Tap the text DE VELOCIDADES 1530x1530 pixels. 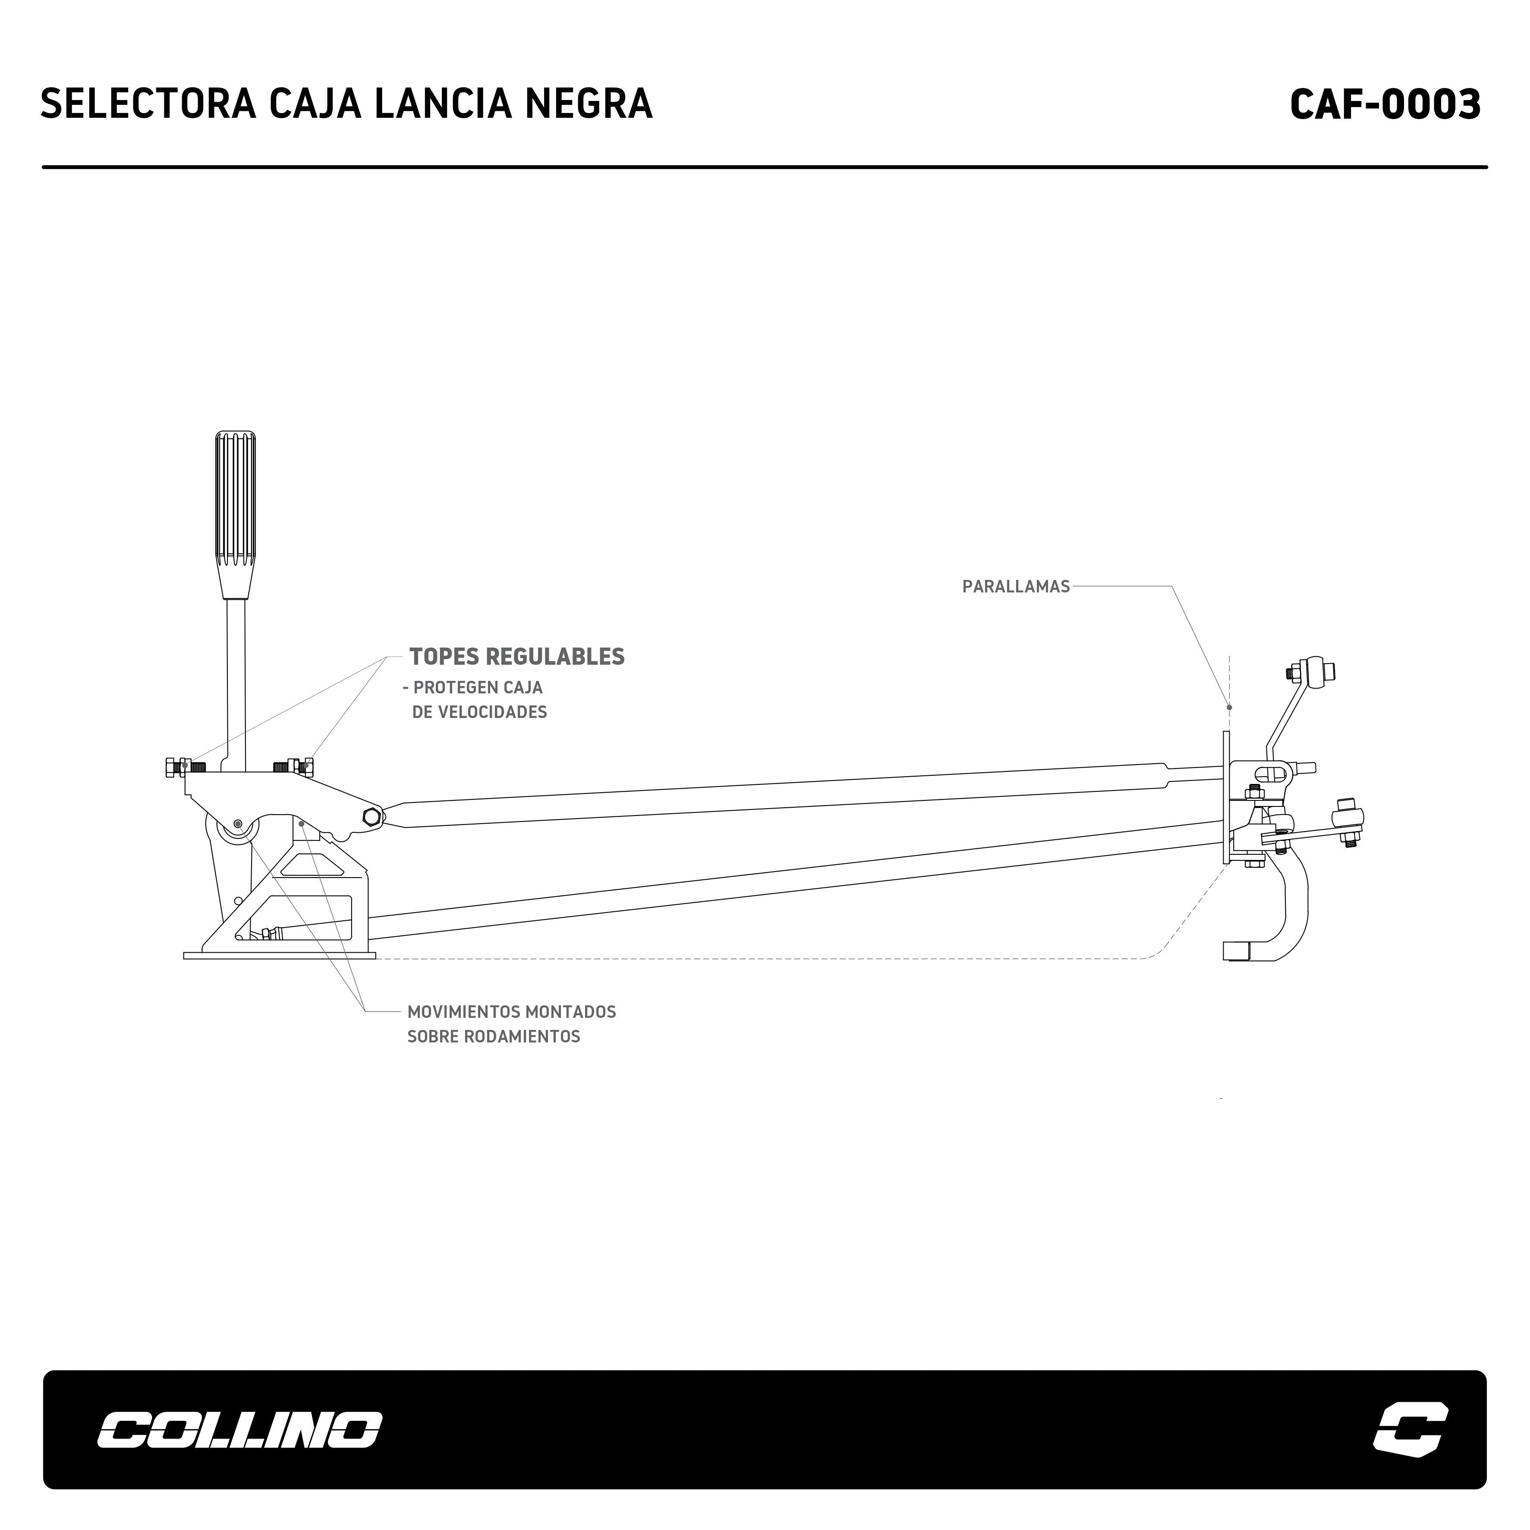pyautogui.click(x=479, y=712)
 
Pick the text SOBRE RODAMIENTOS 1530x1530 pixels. pyautogui.click(x=493, y=1037)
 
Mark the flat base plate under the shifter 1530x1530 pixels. pyautogui.click(x=279, y=956)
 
